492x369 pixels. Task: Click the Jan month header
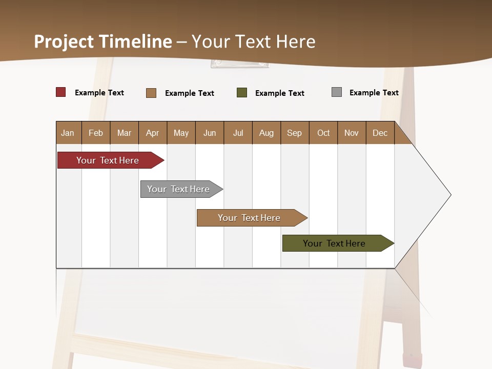(x=68, y=133)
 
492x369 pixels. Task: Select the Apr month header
(x=152, y=133)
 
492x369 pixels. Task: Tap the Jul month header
(x=238, y=133)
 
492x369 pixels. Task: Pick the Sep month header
(x=294, y=133)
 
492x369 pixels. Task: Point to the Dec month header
(x=380, y=133)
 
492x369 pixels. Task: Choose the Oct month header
(x=323, y=133)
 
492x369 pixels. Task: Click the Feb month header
(x=95, y=133)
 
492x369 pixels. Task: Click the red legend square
(x=61, y=92)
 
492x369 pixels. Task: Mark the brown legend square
(x=151, y=93)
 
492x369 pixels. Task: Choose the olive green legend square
(x=242, y=93)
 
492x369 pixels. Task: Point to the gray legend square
(x=337, y=92)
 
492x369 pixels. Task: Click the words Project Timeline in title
(x=102, y=42)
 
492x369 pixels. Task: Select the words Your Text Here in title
(x=253, y=42)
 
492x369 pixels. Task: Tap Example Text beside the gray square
(x=374, y=93)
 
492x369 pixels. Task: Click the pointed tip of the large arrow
(x=449, y=195)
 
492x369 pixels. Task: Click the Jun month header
(x=209, y=133)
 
